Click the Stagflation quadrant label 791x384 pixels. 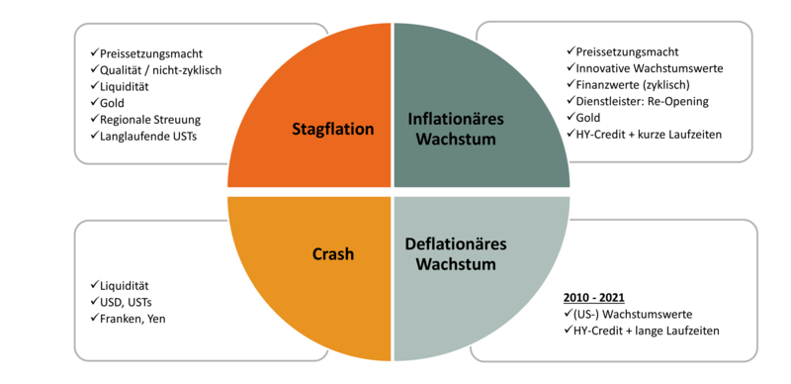[333, 129]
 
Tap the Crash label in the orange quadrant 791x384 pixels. [333, 253]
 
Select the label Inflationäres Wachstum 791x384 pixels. [456, 129]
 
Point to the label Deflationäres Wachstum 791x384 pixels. [456, 253]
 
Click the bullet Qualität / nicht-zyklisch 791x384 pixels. [156, 70]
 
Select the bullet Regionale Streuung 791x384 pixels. [145, 119]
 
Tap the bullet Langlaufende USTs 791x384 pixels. [143, 136]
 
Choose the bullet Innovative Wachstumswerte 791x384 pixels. [645, 68]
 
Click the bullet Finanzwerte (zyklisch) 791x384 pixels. [628, 84]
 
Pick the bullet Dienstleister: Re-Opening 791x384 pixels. [638, 101]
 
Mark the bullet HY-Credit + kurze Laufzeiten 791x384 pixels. [645, 135]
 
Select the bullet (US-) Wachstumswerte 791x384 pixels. [628, 315]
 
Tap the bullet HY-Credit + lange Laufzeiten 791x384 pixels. [641, 331]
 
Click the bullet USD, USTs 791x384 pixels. [122, 302]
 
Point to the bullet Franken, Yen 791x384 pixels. [129, 319]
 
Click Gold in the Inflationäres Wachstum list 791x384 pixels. [583, 118]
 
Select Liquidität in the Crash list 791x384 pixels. [120, 285]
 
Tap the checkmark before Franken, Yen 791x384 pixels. [95, 319]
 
